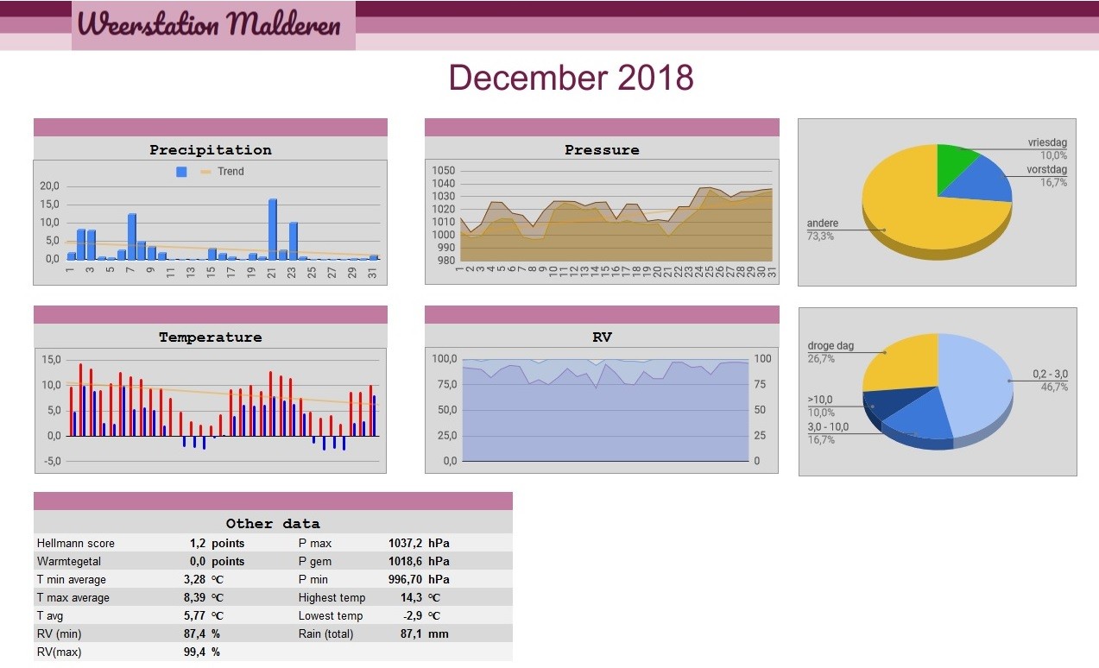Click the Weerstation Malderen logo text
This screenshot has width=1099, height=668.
pos(209,24)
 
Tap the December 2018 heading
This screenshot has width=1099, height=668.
pos(572,78)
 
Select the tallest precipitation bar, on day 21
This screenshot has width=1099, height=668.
pos(272,229)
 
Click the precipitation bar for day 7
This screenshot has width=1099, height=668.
pos(131,236)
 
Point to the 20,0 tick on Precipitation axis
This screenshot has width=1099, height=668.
pos(49,186)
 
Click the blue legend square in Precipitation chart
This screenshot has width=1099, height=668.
pos(181,172)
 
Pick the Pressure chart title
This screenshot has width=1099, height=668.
pos(602,150)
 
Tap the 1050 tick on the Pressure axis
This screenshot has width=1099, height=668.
pos(444,170)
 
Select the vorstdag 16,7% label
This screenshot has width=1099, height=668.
pos(1046,175)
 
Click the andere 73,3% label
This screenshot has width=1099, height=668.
pos(822,230)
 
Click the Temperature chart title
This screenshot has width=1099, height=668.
pos(211,337)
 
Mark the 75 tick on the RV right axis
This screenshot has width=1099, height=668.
pos(760,384)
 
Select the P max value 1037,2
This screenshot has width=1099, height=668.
pos(405,543)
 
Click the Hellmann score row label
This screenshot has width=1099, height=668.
pos(76,543)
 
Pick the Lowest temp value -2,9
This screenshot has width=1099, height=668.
pos(412,615)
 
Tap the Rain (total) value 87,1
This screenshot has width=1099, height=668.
pos(411,633)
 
